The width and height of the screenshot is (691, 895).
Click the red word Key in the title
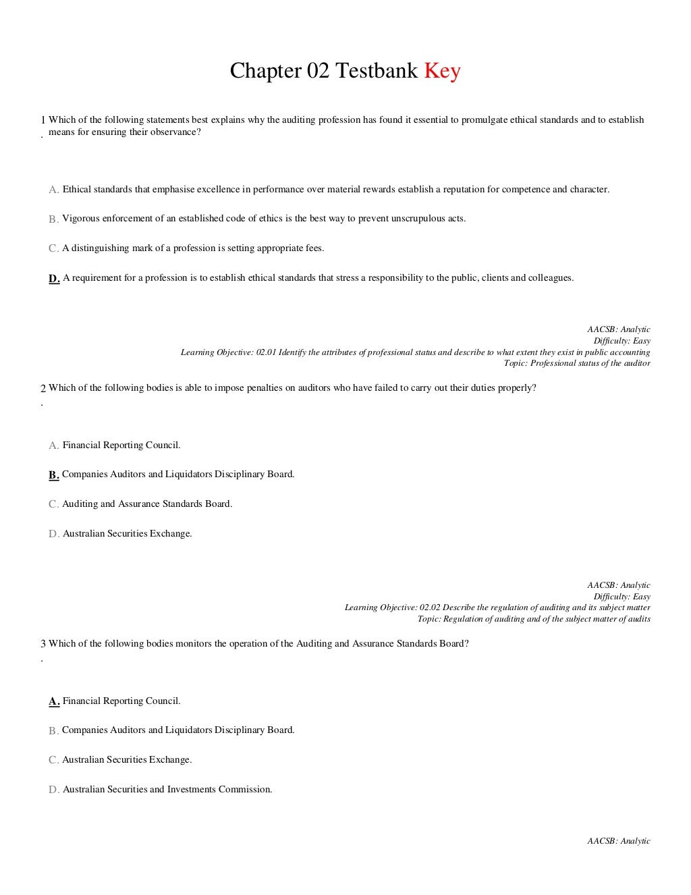(x=442, y=70)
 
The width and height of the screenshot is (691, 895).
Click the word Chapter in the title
(x=265, y=70)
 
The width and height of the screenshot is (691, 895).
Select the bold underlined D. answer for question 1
(x=54, y=278)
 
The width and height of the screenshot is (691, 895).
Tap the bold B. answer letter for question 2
(x=54, y=474)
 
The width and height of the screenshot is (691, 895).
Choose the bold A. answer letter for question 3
(x=54, y=701)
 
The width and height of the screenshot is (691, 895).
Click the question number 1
(x=43, y=120)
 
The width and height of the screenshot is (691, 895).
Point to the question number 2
(x=43, y=388)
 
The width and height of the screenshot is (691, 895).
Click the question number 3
(x=43, y=644)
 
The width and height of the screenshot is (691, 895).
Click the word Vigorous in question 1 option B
(x=80, y=219)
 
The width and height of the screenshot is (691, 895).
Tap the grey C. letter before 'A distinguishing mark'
(x=53, y=248)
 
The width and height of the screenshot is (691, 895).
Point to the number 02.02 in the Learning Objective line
(x=430, y=607)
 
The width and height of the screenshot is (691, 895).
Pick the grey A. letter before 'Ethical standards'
(x=54, y=190)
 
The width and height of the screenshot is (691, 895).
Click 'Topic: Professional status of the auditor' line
(x=577, y=363)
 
